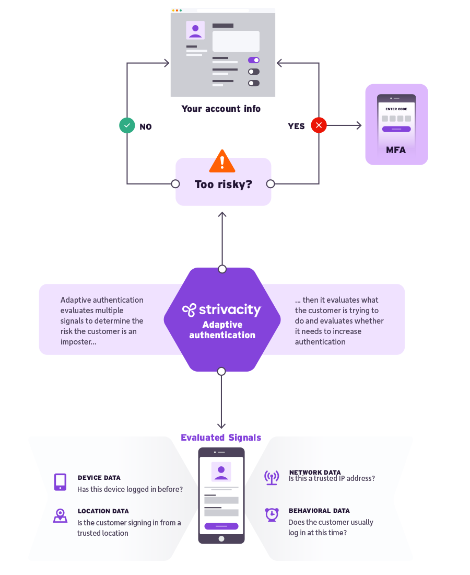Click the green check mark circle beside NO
[127, 126]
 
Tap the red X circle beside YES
[319, 125]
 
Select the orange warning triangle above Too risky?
[222, 162]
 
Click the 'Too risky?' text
[223, 184]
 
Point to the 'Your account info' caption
[221, 109]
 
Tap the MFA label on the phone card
[396, 150]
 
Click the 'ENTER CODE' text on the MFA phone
[396, 109]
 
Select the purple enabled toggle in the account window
[254, 60]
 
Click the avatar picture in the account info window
[195, 30]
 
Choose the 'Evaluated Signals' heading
[221, 438]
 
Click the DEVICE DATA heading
[99, 478]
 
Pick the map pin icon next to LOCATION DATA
[60, 515]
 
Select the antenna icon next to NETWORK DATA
[272, 477]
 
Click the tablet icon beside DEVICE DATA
[60, 481]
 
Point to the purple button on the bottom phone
[221, 526]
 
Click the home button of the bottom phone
[221, 538]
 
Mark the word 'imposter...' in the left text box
[78, 342]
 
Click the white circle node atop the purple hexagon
[222, 269]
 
